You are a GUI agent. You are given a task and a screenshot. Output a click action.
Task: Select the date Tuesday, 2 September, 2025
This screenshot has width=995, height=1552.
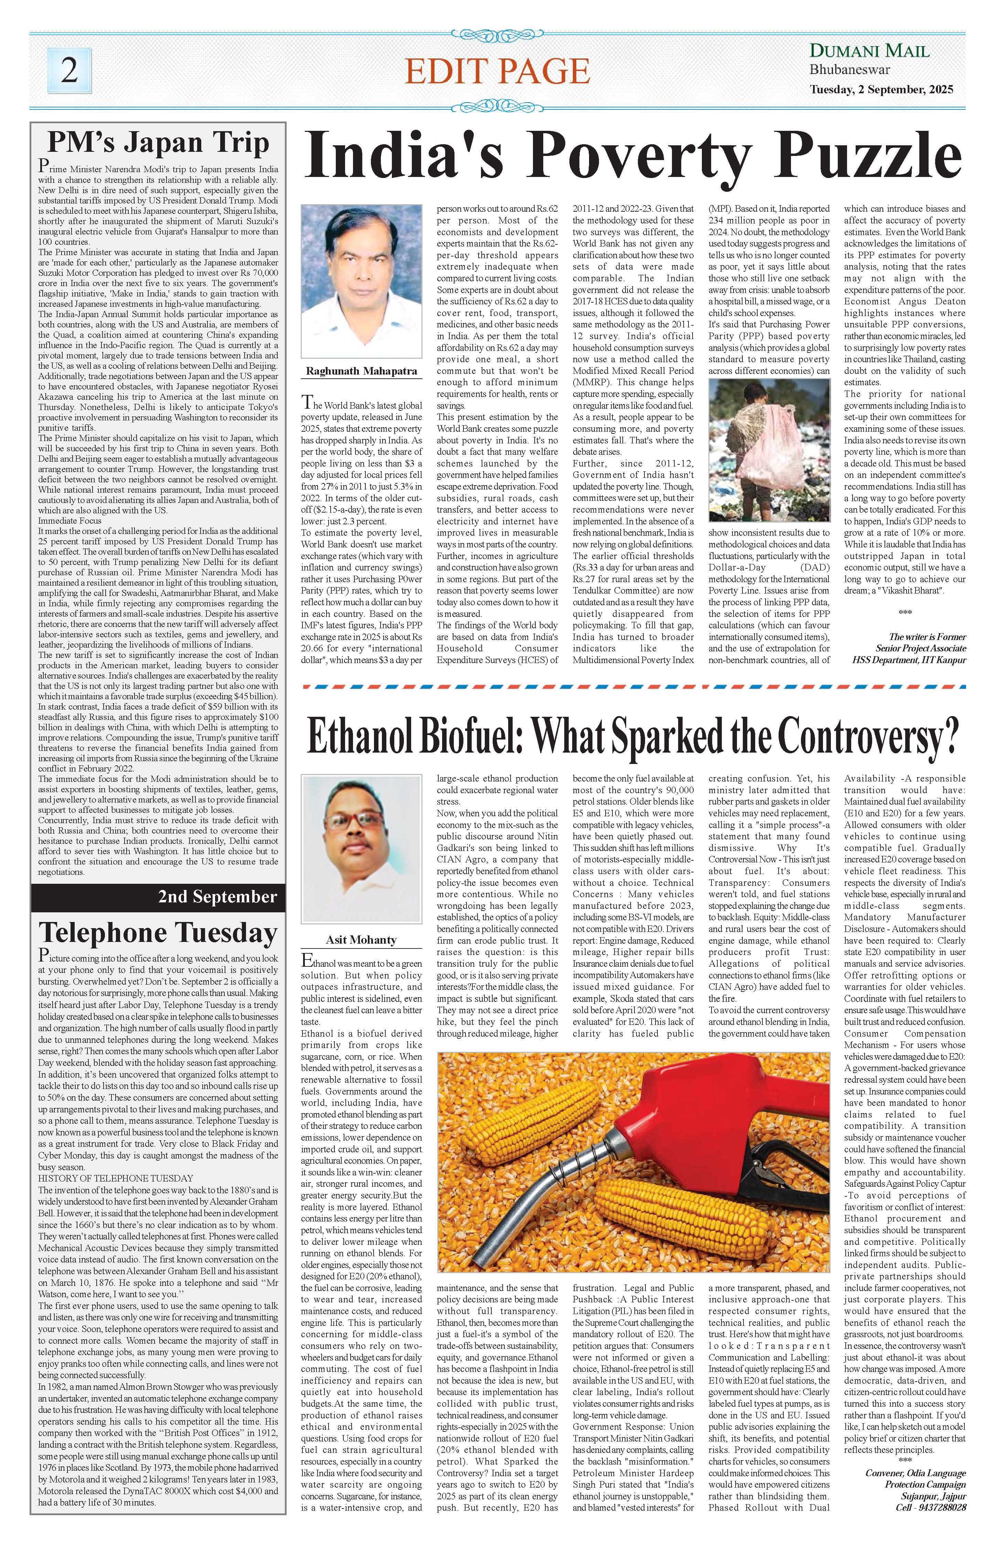click(881, 91)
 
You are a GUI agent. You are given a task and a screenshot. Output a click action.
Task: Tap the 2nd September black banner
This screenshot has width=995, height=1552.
click(158, 896)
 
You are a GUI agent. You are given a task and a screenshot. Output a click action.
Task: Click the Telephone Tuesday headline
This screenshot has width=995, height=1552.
click(158, 933)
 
